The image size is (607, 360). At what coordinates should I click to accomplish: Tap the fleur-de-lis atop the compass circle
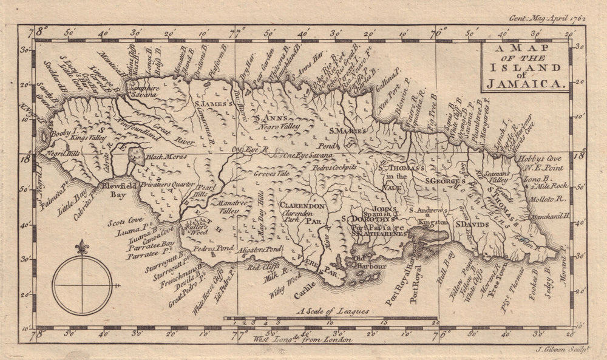82,248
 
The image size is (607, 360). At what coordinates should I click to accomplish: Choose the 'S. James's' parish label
214,104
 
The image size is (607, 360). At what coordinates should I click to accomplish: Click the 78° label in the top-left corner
41,29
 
